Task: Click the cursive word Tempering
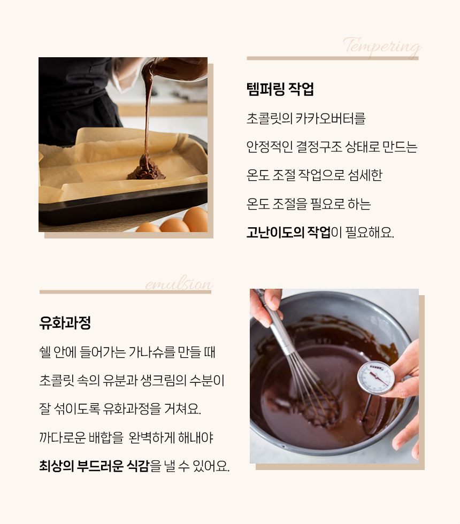click(381, 47)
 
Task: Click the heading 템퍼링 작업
click(280, 89)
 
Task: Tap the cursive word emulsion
click(179, 284)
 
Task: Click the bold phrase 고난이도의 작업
click(288, 233)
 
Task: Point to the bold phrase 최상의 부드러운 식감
click(94, 466)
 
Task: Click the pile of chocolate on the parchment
click(145, 169)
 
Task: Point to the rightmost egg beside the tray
click(196, 219)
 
